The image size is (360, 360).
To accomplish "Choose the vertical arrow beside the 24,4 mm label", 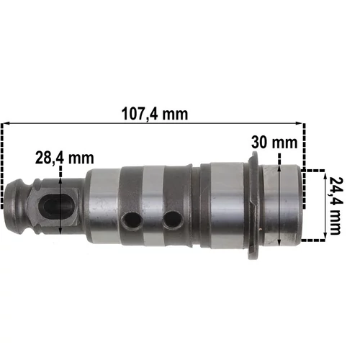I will click(321, 204).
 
